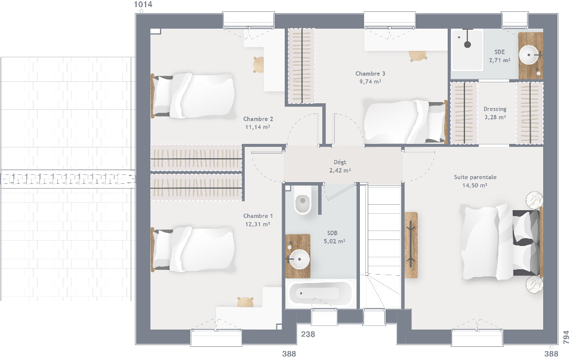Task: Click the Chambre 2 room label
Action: [258, 119]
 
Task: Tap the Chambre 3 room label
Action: [370, 73]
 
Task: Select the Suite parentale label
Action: [475, 177]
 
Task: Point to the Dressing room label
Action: [495, 109]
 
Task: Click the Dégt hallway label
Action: [340, 162]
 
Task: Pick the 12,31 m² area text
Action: [258, 224]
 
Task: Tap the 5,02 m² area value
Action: [334, 241]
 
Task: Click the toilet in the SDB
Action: [303, 200]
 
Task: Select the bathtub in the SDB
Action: [321, 294]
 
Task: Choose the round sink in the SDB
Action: [298, 259]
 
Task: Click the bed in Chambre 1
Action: [193, 250]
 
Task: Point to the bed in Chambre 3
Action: [405, 121]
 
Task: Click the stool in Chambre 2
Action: [258, 64]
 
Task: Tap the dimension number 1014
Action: [143, 4]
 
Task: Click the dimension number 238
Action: [308, 334]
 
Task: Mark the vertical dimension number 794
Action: [566, 337]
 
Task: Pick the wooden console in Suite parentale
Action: [411, 245]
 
